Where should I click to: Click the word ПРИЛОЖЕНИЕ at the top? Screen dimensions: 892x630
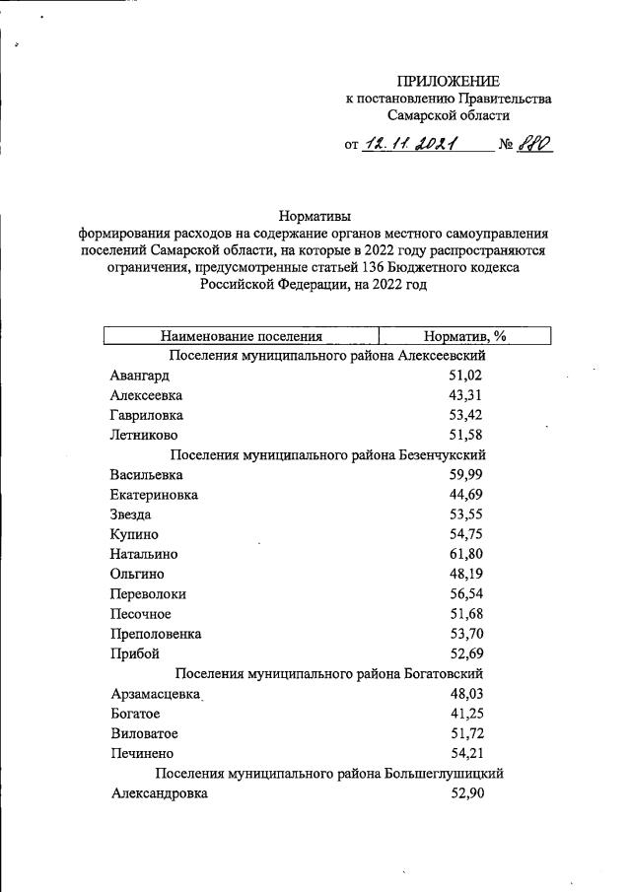pyautogui.click(x=448, y=81)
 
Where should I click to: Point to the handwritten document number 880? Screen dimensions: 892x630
pyautogui.click(x=533, y=144)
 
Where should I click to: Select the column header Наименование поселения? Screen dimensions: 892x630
pyautogui.click(x=242, y=336)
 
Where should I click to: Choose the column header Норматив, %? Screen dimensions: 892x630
pyautogui.click(x=464, y=336)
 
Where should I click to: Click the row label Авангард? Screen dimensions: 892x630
pyautogui.click(x=141, y=376)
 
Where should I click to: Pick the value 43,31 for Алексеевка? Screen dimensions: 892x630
pyautogui.click(x=464, y=395)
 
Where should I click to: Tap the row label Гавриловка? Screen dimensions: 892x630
pyautogui.click(x=147, y=415)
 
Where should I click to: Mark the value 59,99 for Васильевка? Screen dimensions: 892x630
pyautogui.click(x=464, y=474)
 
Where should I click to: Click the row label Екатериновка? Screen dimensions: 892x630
pyautogui.click(x=155, y=494)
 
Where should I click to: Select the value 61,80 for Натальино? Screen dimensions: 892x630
pyautogui.click(x=464, y=554)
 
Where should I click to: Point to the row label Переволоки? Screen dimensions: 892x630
pyautogui.click(x=149, y=594)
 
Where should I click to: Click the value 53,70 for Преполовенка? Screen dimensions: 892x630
pyautogui.click(x=464, y=634)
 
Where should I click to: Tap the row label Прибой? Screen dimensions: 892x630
pyautogui.click(x=135, y=653)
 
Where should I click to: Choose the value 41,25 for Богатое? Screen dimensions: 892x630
pyautogui.click(x=464, y=714)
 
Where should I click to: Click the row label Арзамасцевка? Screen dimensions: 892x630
pyautogui.click(x=157, y=694)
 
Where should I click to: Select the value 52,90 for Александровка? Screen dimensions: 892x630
pyautogui.click(x=464, y=793)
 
